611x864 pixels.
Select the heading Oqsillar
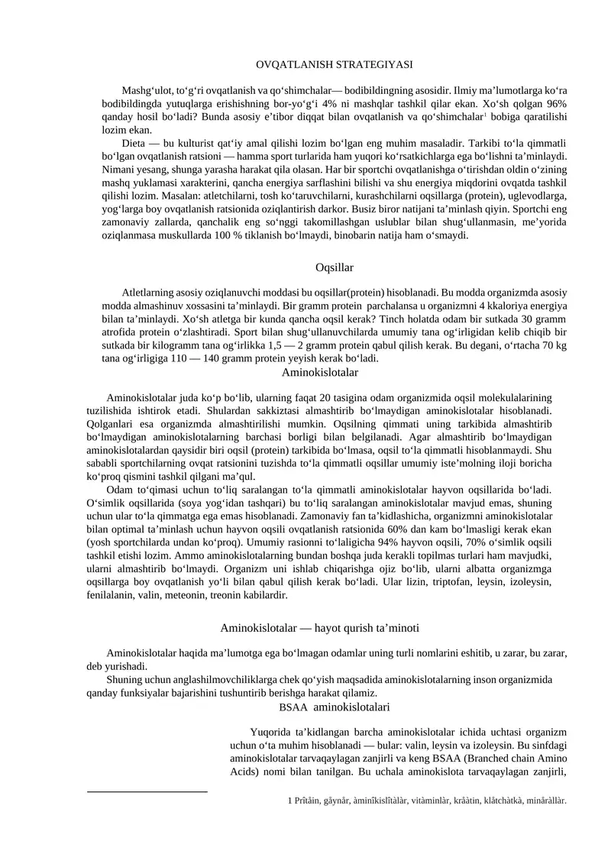[334, 267]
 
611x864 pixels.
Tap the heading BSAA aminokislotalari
[335, 707]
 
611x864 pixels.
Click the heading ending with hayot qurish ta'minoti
[319, 627]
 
